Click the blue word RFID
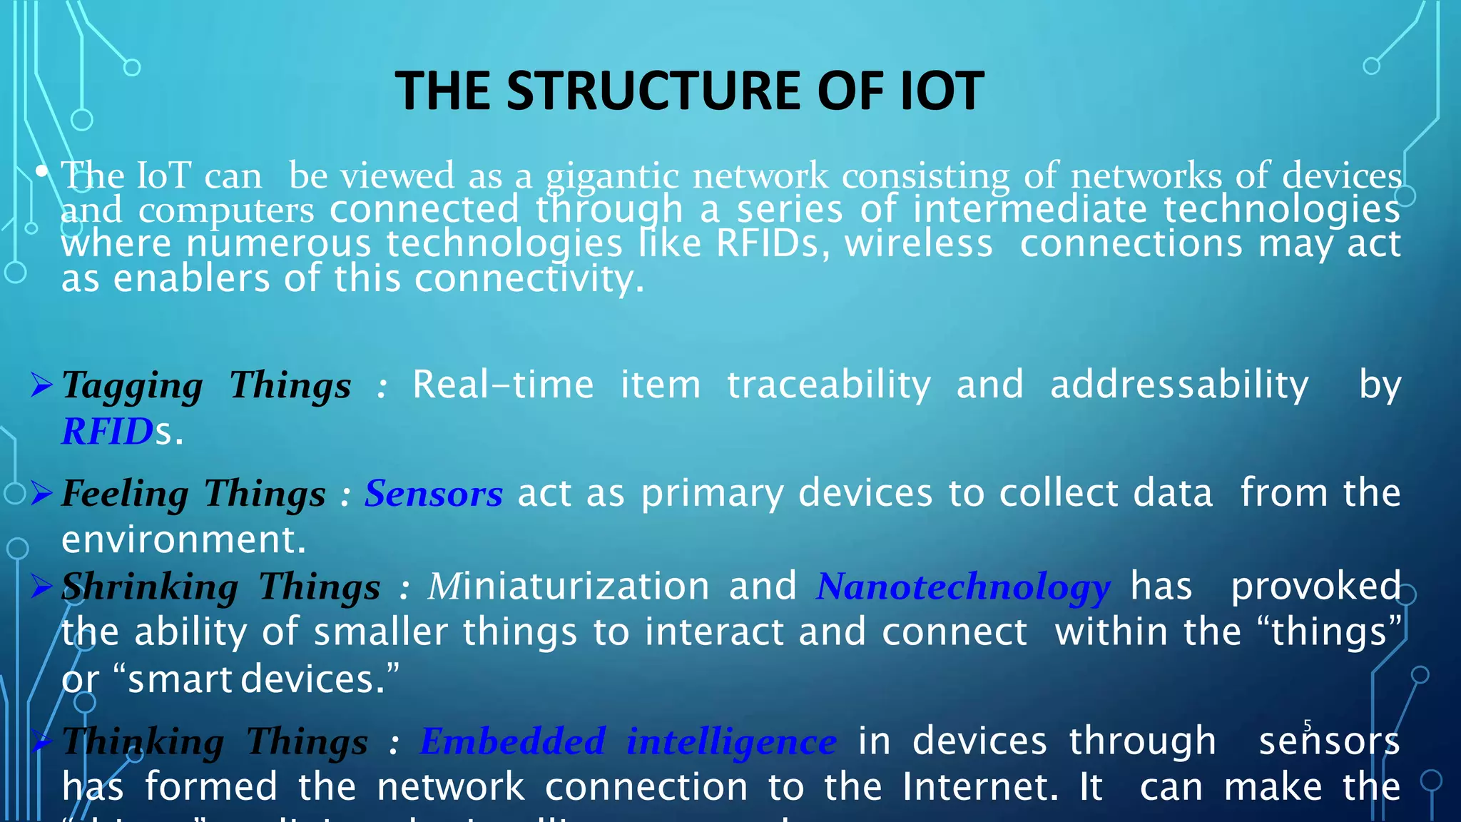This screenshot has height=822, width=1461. click(x=108, y=432)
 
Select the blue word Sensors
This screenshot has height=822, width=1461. click(x=434, y=494)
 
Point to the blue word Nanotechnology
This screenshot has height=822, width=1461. click(x=963, y=587)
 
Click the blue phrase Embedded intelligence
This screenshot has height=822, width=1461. click(x=628, y=741)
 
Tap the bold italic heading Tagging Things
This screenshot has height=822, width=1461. click(x=206, y=385)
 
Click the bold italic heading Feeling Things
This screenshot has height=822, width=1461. click(x=193, y=494)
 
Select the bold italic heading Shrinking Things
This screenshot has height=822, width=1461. click(x=220, y=587)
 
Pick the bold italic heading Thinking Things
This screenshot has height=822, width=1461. click(x=215, y=741)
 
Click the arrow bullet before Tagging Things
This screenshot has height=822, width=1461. click(x=42, y=385)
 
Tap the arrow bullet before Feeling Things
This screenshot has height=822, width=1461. click(x=42, y=493)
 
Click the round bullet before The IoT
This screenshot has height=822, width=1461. click(x=42, y=171)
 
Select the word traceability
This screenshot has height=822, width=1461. click(x=829, y=385)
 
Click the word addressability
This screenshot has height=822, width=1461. click(x=1179, y=385)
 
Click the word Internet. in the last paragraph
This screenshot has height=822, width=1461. click(x=980, y=787)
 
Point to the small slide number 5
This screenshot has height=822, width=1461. click(x=1308, y=726)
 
